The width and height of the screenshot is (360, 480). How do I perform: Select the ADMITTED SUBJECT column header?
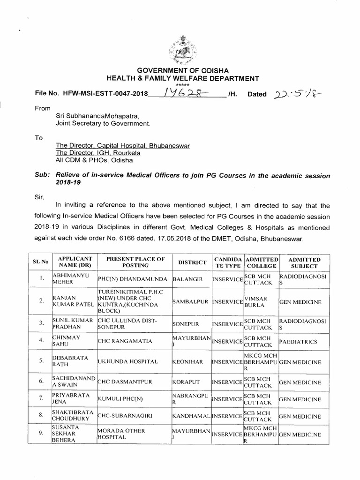[304, 262]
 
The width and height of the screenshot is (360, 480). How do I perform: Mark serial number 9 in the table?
[41, 435]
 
